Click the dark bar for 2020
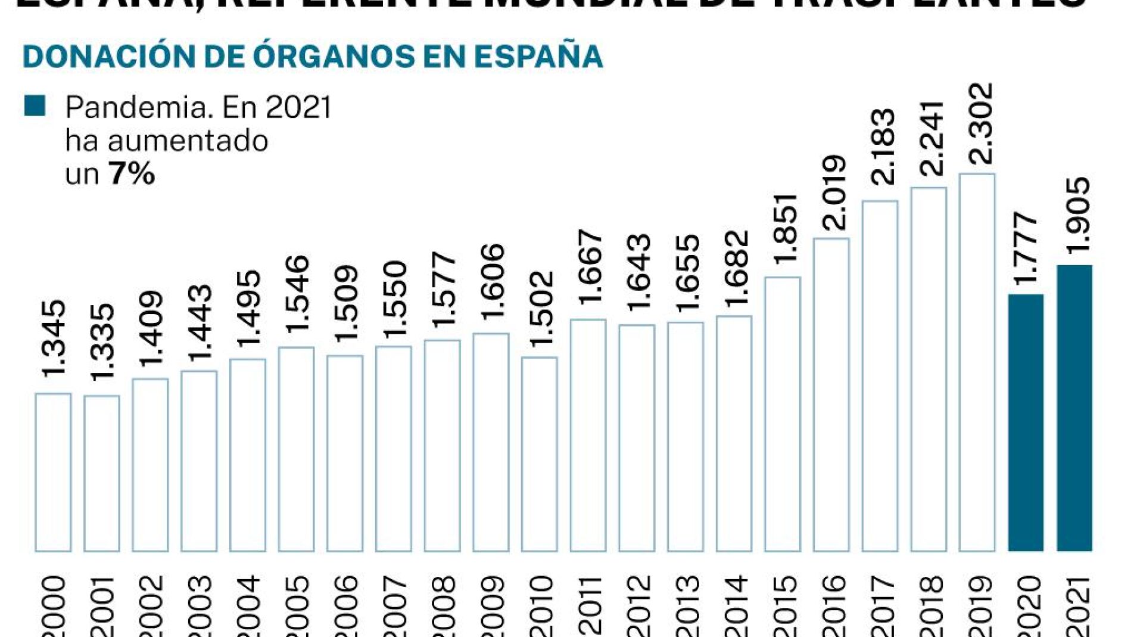pos(1026,422)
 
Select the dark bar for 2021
pos(1074,408)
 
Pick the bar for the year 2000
pos(53,472)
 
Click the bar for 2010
pos(540,454)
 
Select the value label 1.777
pos(1027,247)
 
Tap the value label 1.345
pos(55,338)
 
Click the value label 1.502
pos(541,309)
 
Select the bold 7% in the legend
pos(132,174)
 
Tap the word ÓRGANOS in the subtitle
pos(334,56)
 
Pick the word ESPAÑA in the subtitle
pos(538,56)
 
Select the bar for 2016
pos(831,394)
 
